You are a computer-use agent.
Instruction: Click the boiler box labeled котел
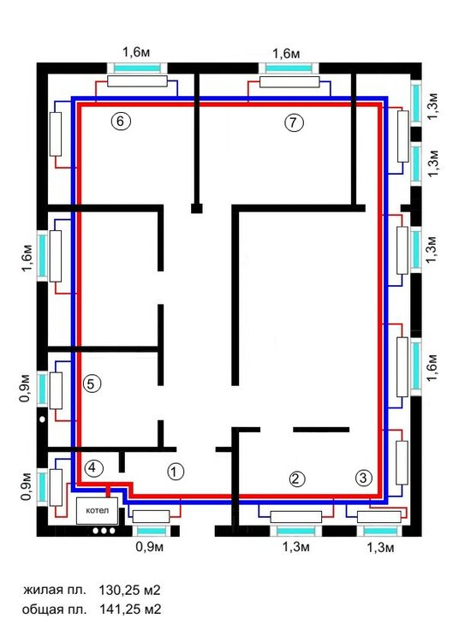(97, 510)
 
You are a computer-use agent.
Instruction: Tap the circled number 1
(176, 472)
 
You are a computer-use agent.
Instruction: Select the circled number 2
(297, 479)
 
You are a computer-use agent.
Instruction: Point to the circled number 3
(363, 478)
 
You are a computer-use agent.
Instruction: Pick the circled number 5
(92, 383)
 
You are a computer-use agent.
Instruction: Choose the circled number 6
(121, 122)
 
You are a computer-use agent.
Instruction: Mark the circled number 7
(294, 122)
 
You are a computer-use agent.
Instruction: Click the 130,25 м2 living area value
(129, 590)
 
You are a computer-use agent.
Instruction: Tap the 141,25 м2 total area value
(130, 609)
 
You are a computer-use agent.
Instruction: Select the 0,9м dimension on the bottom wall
(150, 546)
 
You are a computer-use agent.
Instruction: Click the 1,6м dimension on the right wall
(433, 367)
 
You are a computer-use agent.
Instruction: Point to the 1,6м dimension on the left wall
(27, 259)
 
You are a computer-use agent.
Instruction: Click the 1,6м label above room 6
(136, 52)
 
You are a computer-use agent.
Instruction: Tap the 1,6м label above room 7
(286, 53)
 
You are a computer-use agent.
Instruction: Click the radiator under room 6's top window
(137, 81)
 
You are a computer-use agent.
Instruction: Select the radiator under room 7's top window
(289, 82)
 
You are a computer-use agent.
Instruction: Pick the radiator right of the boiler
(151, 516)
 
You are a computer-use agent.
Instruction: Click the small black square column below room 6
(197, 208)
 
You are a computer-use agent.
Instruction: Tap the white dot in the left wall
(42, 419)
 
